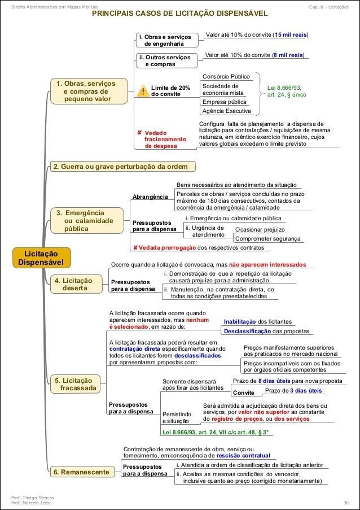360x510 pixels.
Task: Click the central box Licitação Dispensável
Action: point(43,258)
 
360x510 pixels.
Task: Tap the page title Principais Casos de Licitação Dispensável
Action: point(180,13)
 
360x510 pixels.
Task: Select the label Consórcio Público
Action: point(226,76)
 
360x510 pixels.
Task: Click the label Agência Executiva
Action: point(226,111)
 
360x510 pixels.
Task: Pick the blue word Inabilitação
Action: point(242,321)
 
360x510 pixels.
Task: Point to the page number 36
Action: point(345,502)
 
